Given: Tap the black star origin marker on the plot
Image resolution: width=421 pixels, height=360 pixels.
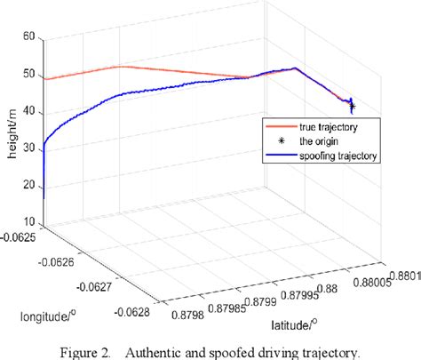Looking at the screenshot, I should click(x=353, y=107).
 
